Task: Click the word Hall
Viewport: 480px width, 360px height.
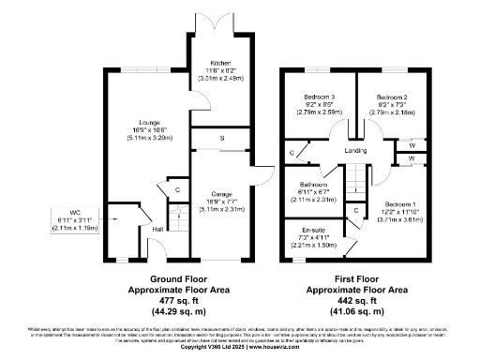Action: (158, 229)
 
